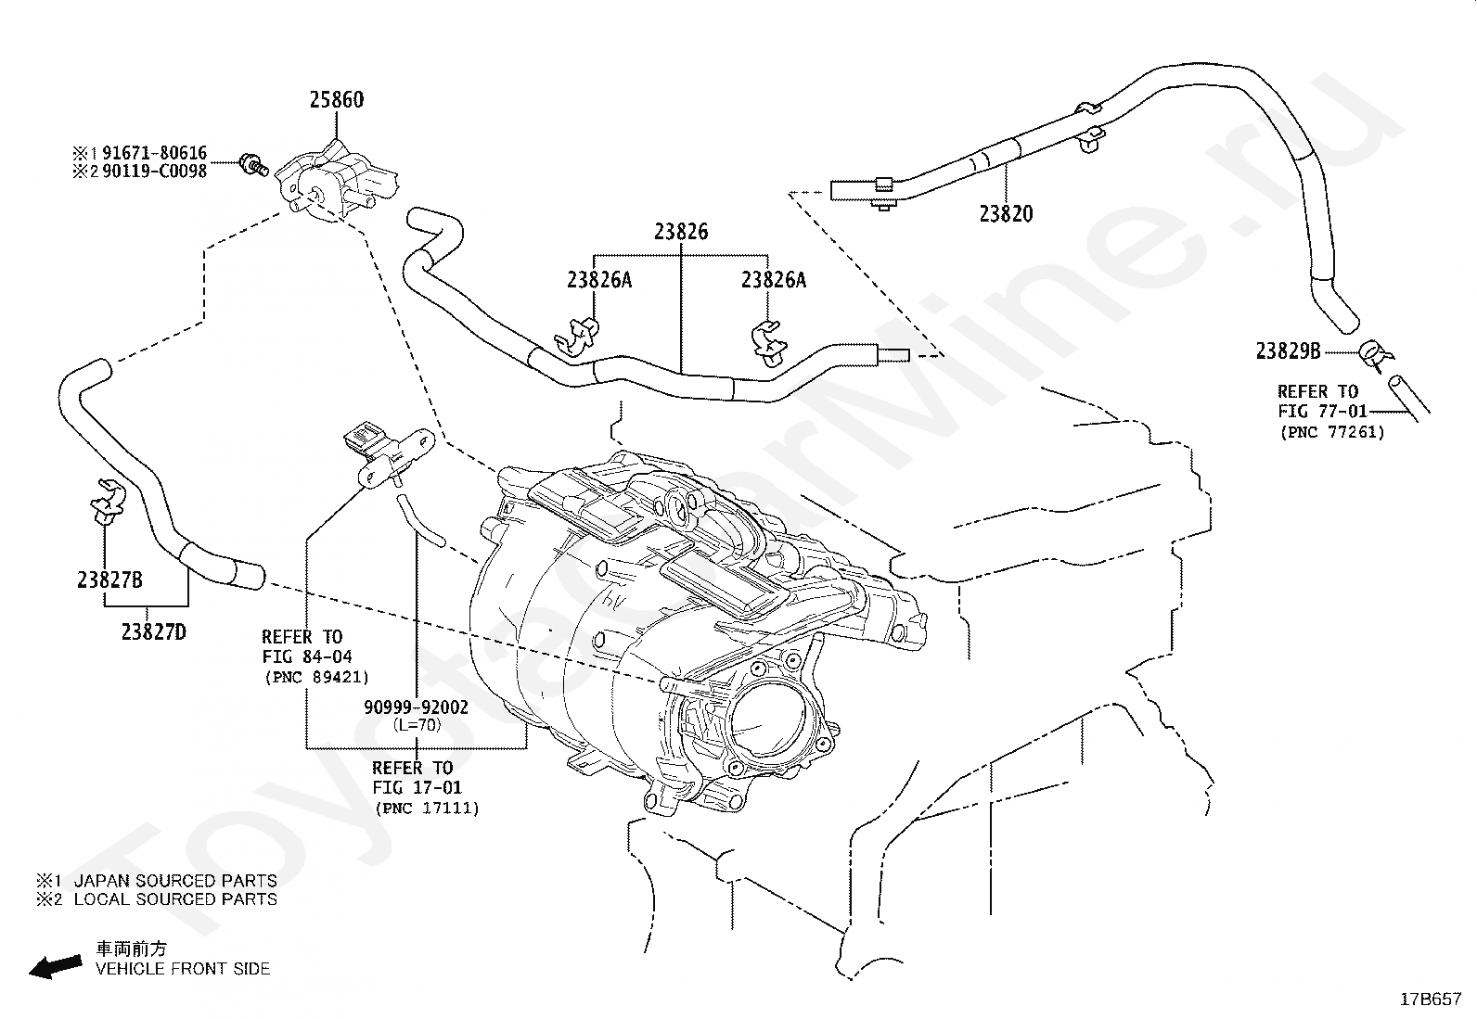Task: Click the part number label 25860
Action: tap(337, 100)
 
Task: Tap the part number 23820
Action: tap(1007, 213)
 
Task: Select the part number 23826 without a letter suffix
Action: tap(681, 232)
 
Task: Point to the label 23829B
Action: tap(1289, 351)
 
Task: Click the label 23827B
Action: tap(109, 580)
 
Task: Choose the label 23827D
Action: tap(154, 632)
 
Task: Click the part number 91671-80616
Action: tap(154, 153)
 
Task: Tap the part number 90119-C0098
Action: tap(154, 172)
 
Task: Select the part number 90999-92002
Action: tap(416, 707)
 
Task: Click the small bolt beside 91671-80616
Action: tap(254, 164)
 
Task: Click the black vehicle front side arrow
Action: tap(56, 967)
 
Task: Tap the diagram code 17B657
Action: tap(1431, 1000)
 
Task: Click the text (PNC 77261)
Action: tap(1332, 432)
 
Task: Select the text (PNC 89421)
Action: tap(317, 677)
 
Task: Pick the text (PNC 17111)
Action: tap(428, 809)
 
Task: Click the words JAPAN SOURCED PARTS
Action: tap(175, 881)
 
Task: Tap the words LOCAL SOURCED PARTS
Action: tap(175, 899)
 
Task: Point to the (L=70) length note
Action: tap(417, 725)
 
